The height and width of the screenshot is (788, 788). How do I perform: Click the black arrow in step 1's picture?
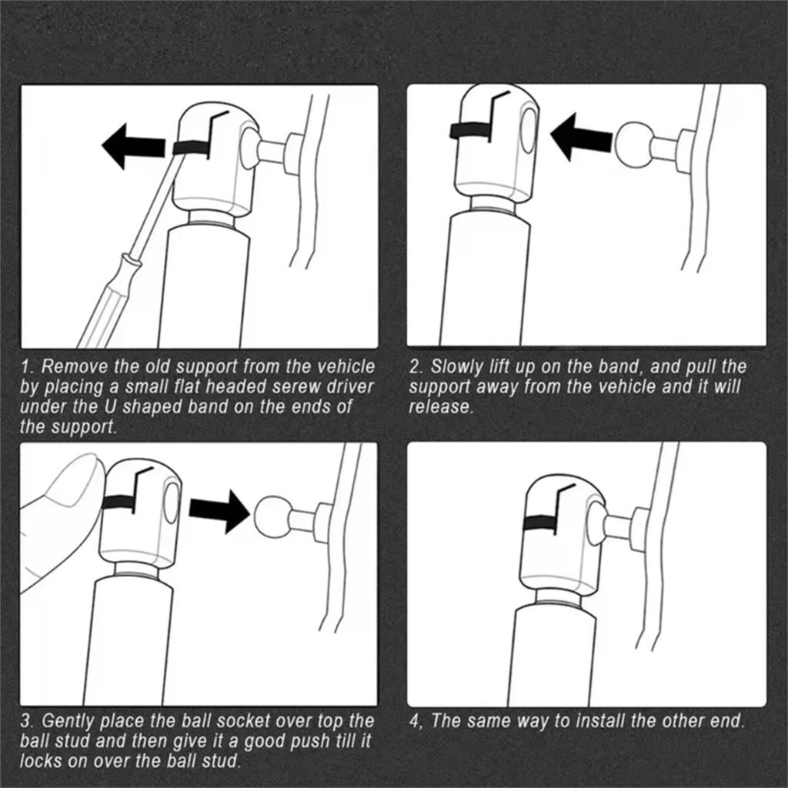pyautogui.click(x=134, y=146)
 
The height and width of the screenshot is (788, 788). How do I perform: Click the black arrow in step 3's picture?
pyautogui.click(x=219, y=512)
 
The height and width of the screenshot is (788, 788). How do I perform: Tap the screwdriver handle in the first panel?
pyautogui.click(x=109, y=301)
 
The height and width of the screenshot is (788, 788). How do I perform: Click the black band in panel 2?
pyautogui.click(x=471, y=130)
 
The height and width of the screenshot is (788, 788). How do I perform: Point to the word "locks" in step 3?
pyautogui.click(x=41, y=761)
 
